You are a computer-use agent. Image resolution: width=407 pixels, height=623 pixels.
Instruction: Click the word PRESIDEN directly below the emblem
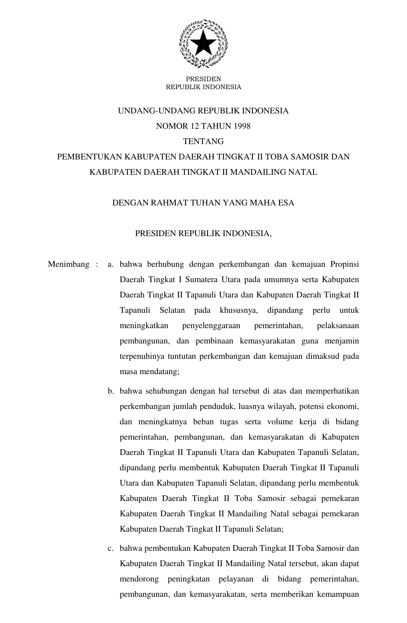203,79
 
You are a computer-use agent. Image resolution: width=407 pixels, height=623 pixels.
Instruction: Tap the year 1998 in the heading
242,126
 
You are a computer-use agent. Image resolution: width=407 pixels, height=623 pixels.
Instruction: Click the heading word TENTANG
203,142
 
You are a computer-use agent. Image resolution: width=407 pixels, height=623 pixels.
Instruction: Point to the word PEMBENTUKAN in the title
89,157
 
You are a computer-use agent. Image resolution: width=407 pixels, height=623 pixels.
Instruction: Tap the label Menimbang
68,264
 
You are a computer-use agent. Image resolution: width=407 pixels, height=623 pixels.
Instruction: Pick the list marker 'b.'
110,391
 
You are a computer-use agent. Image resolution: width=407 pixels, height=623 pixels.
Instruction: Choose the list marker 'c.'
110,548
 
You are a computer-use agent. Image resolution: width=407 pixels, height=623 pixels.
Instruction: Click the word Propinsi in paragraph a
344,264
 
